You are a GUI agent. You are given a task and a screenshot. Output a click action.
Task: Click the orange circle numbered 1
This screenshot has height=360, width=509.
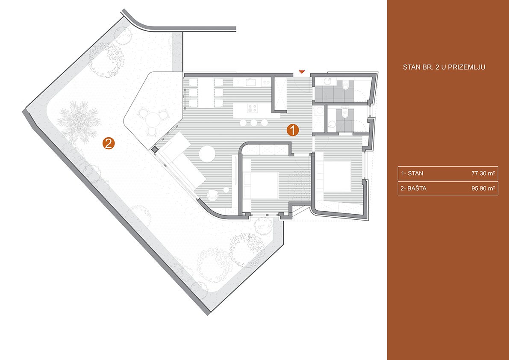point(292,130)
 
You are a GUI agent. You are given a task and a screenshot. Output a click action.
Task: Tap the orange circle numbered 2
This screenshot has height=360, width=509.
point(109,143)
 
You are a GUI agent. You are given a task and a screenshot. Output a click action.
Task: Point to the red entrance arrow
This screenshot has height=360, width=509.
point(302,71)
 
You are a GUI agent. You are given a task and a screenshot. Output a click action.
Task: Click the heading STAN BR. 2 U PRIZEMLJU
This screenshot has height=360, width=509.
point(444,68)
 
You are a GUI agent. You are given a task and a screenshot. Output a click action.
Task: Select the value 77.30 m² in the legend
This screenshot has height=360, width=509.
point(483,173)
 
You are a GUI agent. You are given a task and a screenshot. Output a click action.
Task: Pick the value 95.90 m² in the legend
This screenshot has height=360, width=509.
point(483,188)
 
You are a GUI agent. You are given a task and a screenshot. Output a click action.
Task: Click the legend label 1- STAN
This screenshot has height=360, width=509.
point(412,173)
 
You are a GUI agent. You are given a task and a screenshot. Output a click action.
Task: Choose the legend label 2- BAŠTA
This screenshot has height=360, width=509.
point(413,188)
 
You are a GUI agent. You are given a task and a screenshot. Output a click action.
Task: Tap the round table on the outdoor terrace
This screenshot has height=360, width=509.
point(152,120)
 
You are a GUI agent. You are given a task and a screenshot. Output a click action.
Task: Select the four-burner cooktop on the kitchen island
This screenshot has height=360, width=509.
point(252,108)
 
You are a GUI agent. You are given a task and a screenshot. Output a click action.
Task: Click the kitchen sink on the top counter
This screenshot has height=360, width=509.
point(251,83)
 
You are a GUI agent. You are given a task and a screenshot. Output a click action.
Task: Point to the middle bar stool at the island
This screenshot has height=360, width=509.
point(253,123)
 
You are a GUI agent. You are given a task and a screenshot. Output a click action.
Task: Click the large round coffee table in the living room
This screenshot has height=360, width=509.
point(207,153)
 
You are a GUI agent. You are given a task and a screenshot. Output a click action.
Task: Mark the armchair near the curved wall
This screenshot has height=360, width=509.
point(213,194)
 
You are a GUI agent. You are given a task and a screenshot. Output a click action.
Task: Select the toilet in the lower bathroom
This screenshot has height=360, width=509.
point(345,113)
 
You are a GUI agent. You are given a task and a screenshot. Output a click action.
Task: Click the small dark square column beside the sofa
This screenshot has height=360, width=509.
point(155,149)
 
